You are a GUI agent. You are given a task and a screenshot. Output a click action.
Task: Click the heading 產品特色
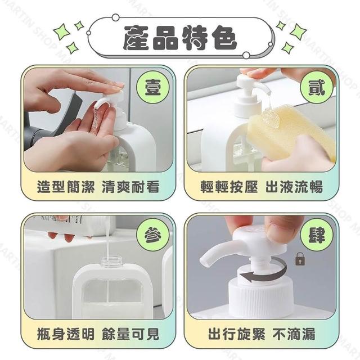pos(180,38)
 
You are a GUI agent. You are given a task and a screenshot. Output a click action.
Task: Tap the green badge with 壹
pos(152,88)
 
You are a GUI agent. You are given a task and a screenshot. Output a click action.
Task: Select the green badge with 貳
pos(317,88)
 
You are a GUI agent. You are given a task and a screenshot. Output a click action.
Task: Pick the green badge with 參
pos(152,235)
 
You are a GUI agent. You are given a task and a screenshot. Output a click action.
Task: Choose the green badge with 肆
pos(317,235)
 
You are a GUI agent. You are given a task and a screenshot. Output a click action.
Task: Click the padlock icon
pos(300,259)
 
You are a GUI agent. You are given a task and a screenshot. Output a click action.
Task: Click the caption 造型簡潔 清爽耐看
pos(98,187)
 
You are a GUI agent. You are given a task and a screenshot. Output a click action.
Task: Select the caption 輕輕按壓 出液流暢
pos(262,187)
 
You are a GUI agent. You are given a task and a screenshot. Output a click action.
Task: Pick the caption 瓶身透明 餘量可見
pos(98,334)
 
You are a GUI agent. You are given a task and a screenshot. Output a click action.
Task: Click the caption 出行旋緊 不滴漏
pos(262,334)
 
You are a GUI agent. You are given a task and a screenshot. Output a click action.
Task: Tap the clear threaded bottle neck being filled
pos(111,261)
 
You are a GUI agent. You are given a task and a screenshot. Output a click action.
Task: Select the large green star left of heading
pos(62,33)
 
